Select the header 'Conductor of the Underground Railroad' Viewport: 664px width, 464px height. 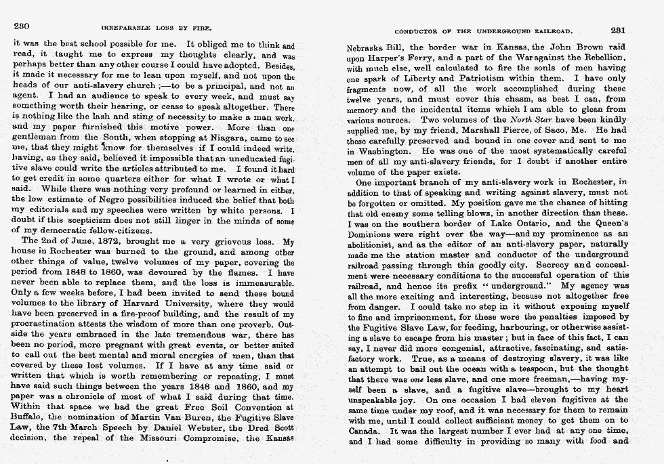coord(484,30)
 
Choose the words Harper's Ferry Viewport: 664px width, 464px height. coord(381,60)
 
